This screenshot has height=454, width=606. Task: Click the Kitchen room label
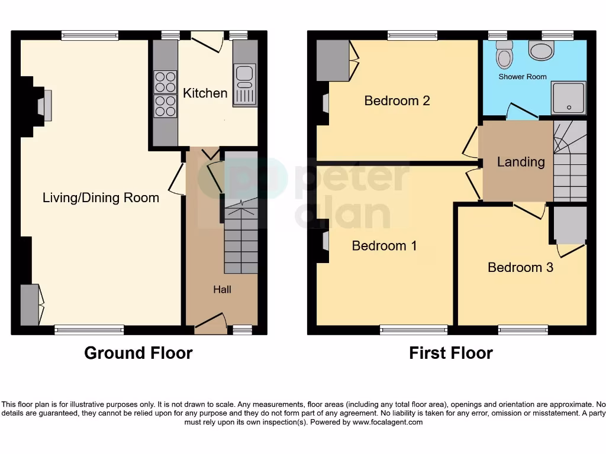click(x=205, y=93)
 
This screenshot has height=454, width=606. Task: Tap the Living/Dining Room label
click(x=101, y=197)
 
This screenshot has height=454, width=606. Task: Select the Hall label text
click(x=223, y=289)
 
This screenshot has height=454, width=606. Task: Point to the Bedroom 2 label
click(x=397, y=100)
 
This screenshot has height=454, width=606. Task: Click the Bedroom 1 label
click(x=384, y=245)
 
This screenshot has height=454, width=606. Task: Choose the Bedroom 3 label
click(x=520, y=267)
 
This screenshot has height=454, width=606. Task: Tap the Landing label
click(x=521, y=161)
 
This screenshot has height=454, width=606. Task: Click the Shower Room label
click(x=523, y=77)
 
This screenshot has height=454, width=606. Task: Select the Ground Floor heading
click(x=138, y=353)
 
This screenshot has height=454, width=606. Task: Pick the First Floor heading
click(x=451, y=353)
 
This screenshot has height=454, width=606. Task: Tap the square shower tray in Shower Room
click(x=569, y=98)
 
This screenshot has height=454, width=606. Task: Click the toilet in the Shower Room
click(x=505, y=54)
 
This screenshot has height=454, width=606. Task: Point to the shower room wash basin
click(x=540, y=51)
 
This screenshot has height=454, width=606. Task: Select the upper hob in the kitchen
click(x=166, y=82)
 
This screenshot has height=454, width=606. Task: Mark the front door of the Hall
click(x=212, y=322)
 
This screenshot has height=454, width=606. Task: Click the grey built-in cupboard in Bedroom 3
click(x=569, y=225)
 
